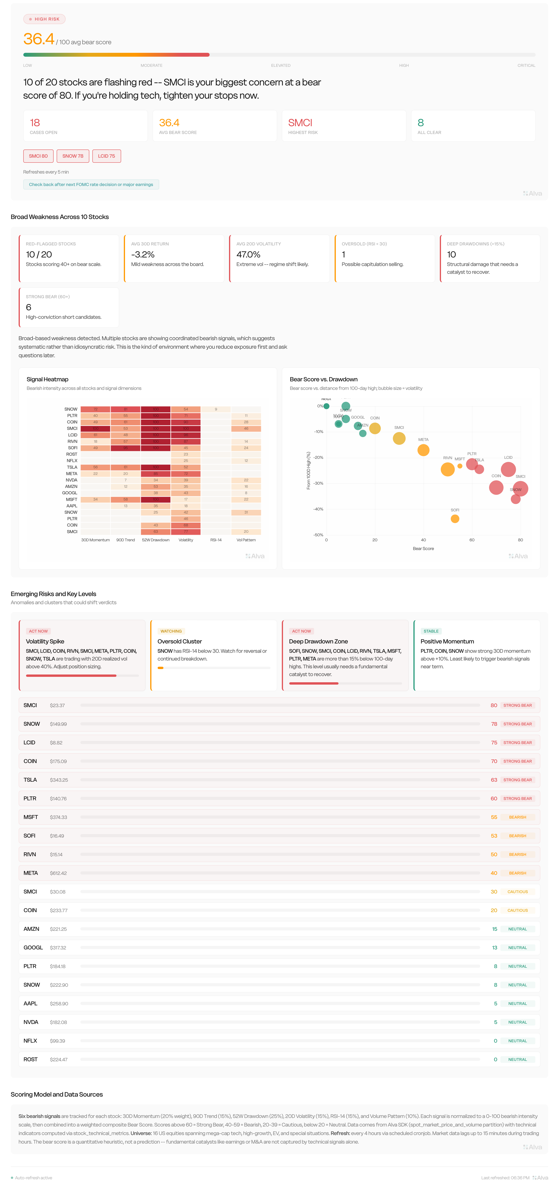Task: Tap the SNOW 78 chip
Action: tap(73, 156)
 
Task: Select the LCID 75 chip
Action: tap(106, 156)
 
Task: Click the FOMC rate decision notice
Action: tap(91, 184)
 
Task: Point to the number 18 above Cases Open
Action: tap(35, 123)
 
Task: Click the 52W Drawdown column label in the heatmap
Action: tap(155, 540)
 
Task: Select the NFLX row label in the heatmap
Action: tap(72, 461)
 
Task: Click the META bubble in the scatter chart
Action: tap(423, 450)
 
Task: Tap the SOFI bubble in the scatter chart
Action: tap(455, 519)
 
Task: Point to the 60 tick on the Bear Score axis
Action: tap(472, 540)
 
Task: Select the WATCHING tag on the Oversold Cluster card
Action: tap(171, 631)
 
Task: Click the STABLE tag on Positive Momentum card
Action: tap(431, 631)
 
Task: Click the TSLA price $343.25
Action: tap(59, 780)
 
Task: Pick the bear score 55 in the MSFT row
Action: tap(494, 817)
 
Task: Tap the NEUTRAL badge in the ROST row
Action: tap(517, 1060)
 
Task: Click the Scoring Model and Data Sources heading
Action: tap(57, 1094)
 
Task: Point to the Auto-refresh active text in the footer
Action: tap(33, 1177)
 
